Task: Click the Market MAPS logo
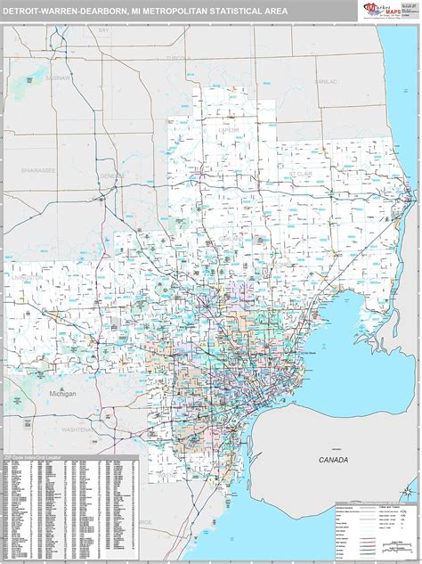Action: [x=378, y=10]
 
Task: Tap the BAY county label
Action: [x=103, y=55]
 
